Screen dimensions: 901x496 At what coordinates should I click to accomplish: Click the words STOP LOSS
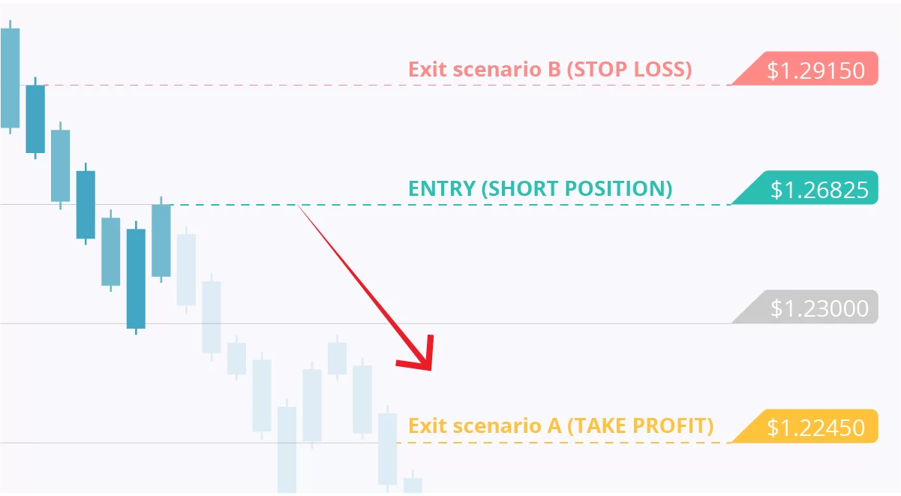click(629, 69)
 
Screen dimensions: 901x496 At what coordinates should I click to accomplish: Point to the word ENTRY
click(442, 188)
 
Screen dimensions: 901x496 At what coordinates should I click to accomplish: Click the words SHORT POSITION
click(577, 188)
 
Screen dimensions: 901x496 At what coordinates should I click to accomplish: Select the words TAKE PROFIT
click(641, 425)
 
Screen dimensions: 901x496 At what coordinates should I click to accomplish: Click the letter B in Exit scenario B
click(554, 69)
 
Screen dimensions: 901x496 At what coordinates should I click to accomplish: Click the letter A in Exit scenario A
click(554, 425)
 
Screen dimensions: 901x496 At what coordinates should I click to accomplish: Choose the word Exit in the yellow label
click(427, 425)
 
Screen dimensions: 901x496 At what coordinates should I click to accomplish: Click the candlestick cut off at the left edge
click(10, 77)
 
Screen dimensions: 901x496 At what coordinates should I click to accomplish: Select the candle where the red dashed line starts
click(35, 119)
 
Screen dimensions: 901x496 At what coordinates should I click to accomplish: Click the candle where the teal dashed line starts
click(161, 240)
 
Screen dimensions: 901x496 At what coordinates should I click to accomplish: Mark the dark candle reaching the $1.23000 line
click(136, 278)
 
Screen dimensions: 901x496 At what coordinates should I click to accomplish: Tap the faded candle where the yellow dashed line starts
click(387, 449)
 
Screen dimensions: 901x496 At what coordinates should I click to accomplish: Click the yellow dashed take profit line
click(564, 443)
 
